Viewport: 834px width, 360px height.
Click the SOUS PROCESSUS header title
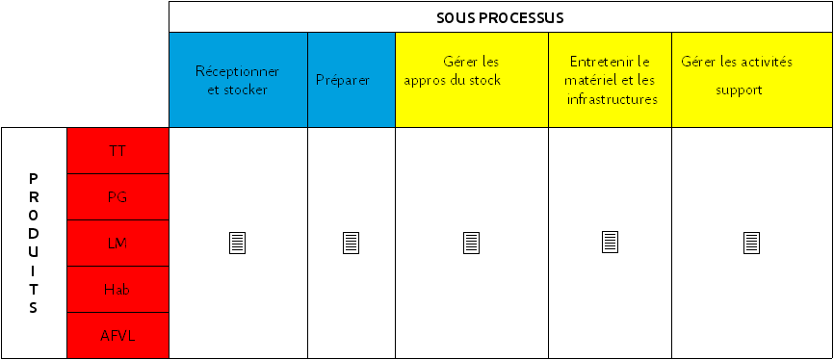pos(500,17)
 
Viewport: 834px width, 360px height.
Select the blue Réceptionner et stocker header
pos(238,80)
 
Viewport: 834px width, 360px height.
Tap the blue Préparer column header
pos(343,80)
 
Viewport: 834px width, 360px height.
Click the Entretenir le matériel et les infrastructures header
pos(610,80)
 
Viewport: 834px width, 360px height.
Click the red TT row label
pos(117,151)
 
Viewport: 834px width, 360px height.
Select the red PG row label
pos(117,197)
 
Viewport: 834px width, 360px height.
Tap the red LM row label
pos(117,244)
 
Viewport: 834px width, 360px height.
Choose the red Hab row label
pos(117,290)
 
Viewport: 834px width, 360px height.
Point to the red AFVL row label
pos(117,336)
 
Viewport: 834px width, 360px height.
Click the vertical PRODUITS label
pos(34,244)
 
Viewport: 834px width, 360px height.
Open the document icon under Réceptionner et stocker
pos(237,243)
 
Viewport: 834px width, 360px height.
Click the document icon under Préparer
pos(352,243)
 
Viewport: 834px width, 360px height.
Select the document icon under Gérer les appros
pos(471,243)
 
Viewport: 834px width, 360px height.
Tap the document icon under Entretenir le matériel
pos(610,243)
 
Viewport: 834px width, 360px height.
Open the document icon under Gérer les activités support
pos(752,243)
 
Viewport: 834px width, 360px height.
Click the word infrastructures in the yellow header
pos(612,99)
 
